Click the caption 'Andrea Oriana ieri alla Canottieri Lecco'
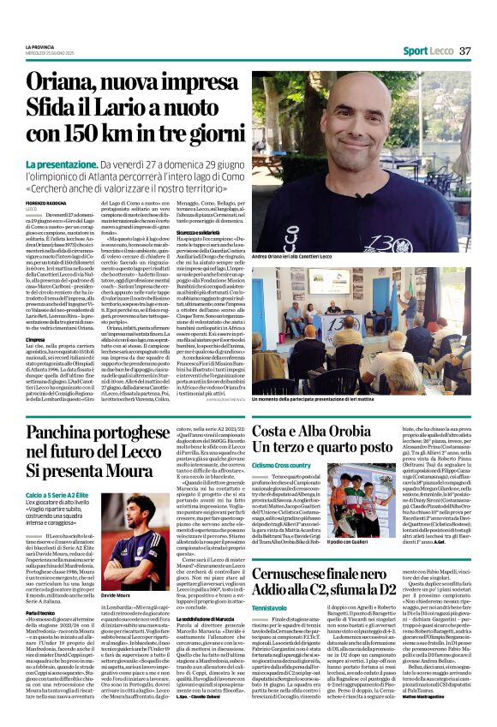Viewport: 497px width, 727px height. click(296, 255)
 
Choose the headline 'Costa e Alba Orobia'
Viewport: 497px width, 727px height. click(322, 430)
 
